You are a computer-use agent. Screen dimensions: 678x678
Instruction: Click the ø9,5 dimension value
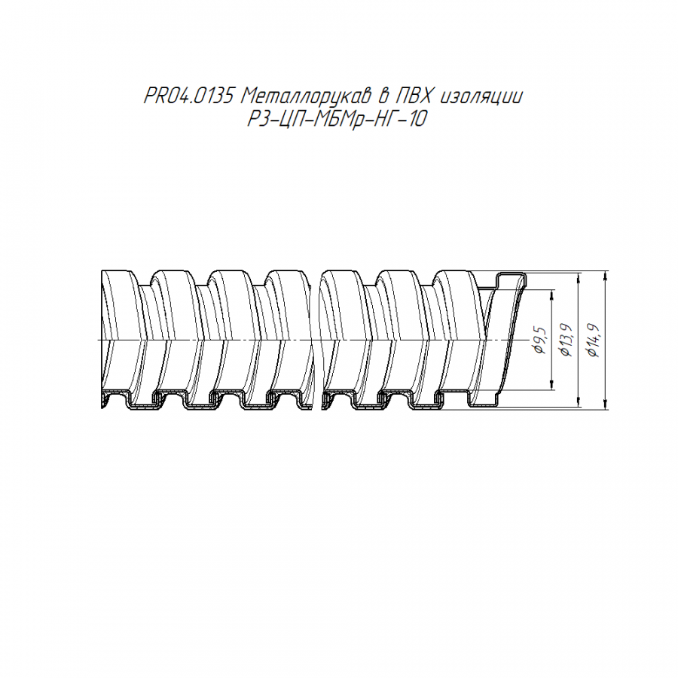point(540,341)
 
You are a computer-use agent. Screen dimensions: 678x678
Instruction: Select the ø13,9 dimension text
point(566,340)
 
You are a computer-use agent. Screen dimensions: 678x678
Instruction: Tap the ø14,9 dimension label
point(594,341)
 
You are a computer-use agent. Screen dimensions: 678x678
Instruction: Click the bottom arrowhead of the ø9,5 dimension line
point(552,385)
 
